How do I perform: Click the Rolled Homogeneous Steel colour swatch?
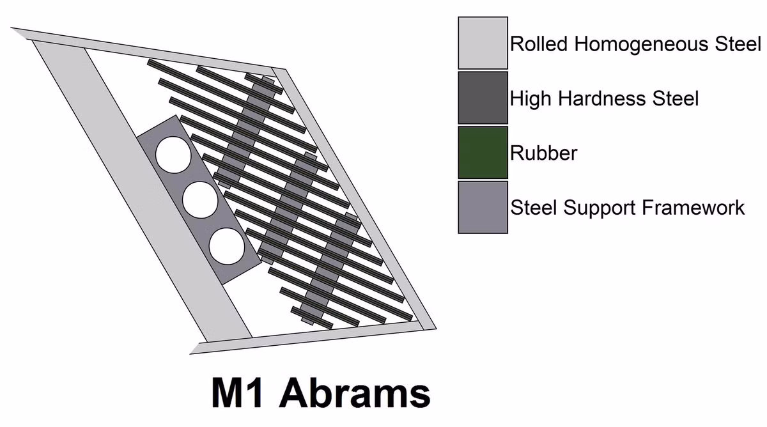pos(483,43)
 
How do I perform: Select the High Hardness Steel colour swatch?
pos(483,98)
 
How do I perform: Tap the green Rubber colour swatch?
pos(483,153)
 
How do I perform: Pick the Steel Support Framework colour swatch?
pos(483,208)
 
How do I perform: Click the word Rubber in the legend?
pos(544,153)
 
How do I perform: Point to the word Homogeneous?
pos(641,45)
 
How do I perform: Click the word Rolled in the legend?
pos(540,44)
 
